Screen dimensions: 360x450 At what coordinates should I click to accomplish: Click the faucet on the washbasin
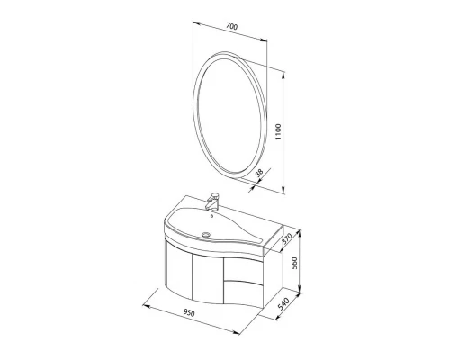pos(214,199)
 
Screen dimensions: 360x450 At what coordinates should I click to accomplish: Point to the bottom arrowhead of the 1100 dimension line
pos(283,190)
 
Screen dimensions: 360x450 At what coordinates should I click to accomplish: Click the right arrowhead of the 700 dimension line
pos(271,41)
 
